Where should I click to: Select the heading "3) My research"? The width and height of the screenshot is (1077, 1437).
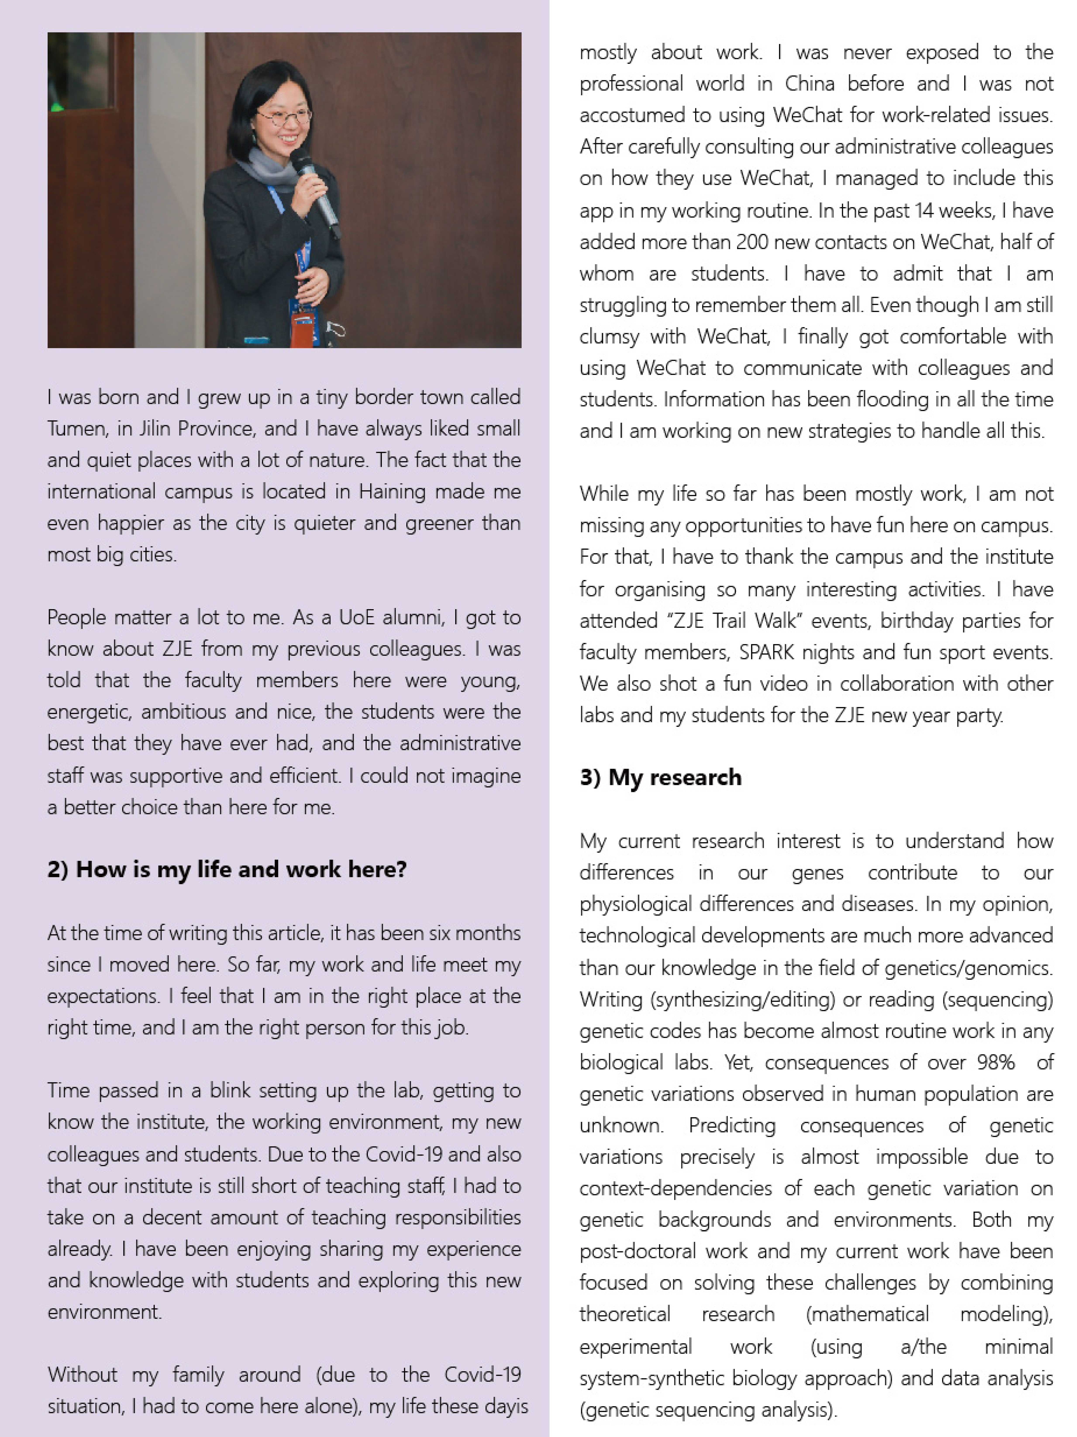[x=660, y=778]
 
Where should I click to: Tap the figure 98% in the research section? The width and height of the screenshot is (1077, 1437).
[x=995, y=1062]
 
